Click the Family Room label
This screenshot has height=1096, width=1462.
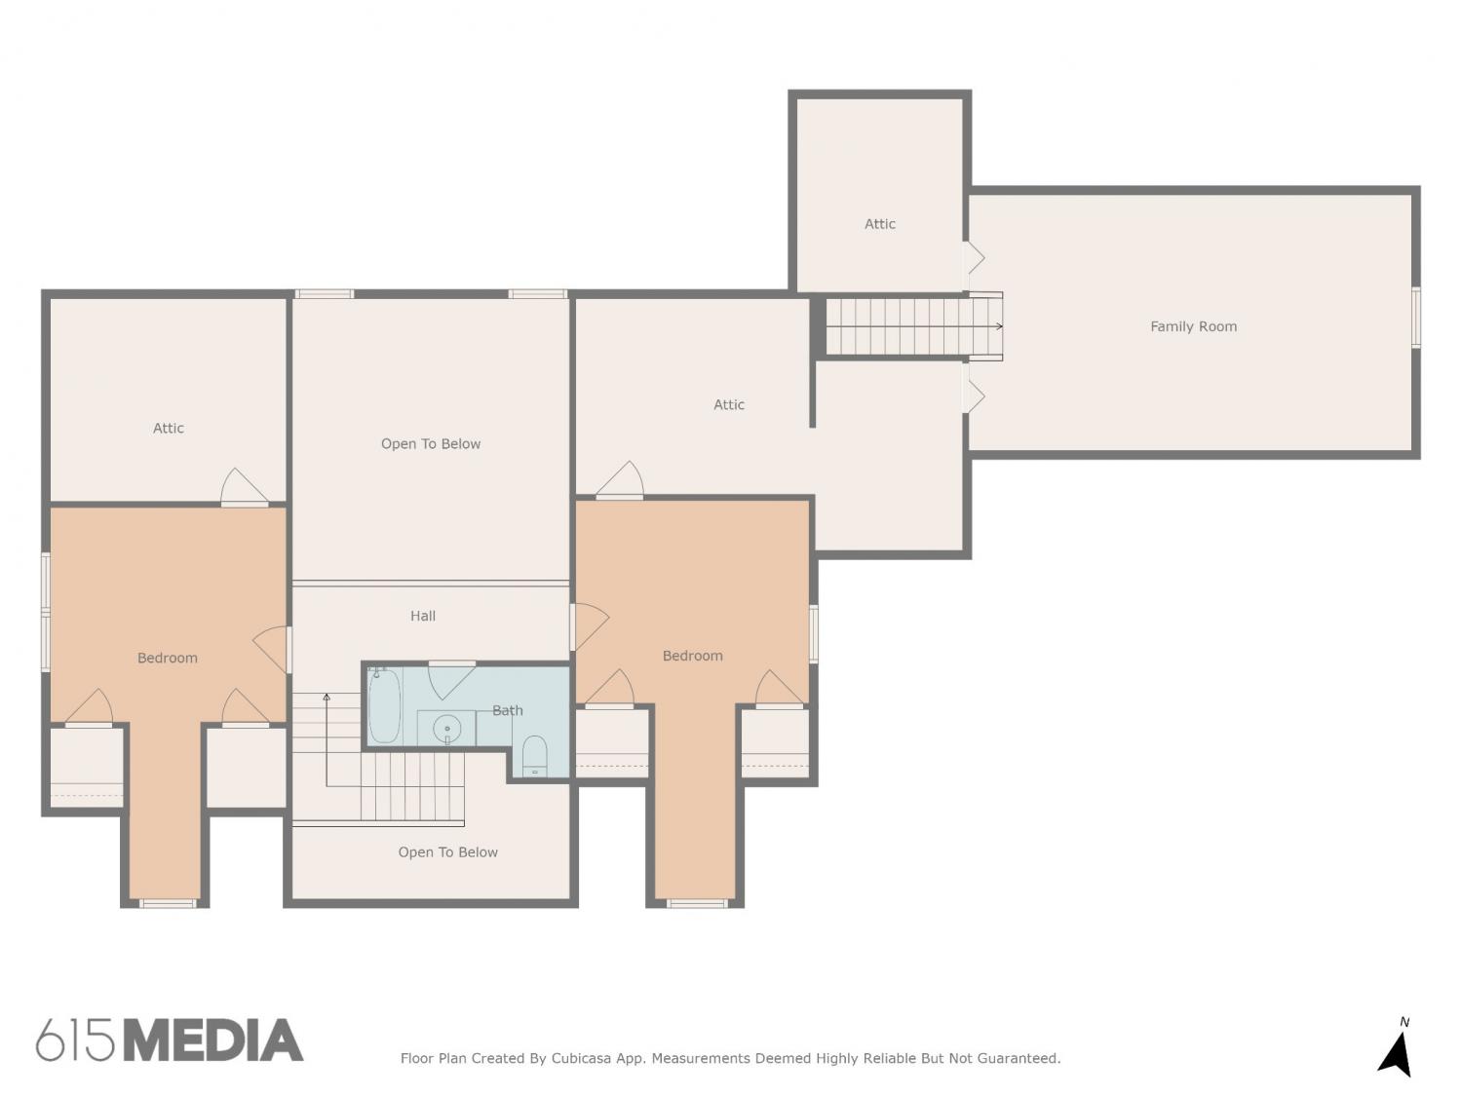coord(1193,326)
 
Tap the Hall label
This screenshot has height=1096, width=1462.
coord(423,616)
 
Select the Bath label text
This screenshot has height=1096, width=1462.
coord(508,710)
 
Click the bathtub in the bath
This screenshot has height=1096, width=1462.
coord(384,704)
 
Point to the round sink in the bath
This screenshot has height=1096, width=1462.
coord(447,729)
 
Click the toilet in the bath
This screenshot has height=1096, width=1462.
coord(534,755)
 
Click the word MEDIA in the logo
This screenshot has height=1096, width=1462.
coord(214,1040)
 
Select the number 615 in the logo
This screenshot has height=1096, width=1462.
coord(75,1040)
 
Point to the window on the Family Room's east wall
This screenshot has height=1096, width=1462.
coord(1416,318)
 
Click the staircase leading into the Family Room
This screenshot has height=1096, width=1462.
coord(914,326)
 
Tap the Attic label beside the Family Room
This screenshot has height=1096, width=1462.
coord(879,224)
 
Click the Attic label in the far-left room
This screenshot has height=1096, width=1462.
coord(168,428)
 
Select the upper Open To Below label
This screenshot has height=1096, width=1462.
coord(430,444)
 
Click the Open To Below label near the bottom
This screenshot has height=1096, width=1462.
coord(447,851)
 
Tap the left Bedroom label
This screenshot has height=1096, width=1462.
coord(168,658)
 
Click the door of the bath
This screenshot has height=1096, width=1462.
coord(451,680)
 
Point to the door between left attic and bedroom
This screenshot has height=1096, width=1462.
coord(245,487)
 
